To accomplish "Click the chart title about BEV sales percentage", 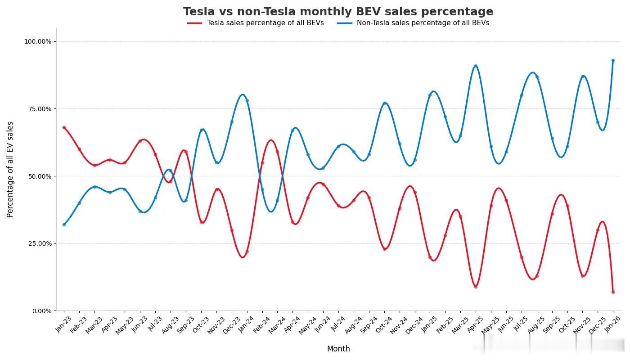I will click(338, 12).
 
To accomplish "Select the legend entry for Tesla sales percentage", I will click(265, 23).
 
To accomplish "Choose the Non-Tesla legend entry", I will click(423, 23).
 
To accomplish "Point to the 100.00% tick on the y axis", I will click(38, 41).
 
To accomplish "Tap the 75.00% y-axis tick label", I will click(38, 109).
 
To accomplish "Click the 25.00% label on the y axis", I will click(38, 243).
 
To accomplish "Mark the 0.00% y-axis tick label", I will click(40, 311).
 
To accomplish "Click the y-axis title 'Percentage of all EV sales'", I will click(10, 170).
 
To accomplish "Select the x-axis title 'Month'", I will click(338, 349).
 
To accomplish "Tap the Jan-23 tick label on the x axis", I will click(63, 324).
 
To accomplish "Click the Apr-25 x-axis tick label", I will click(475, 324).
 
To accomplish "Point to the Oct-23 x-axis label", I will click(201, 324).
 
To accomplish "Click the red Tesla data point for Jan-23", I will click(64, 127).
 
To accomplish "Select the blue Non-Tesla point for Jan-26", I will click(613, 60).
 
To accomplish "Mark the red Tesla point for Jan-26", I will click(613, 292).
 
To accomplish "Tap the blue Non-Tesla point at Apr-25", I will click(476, 66).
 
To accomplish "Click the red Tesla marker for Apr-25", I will click(476, 287).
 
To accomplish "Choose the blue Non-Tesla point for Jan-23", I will click(64, 225).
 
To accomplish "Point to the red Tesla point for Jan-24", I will click(247, 252).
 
